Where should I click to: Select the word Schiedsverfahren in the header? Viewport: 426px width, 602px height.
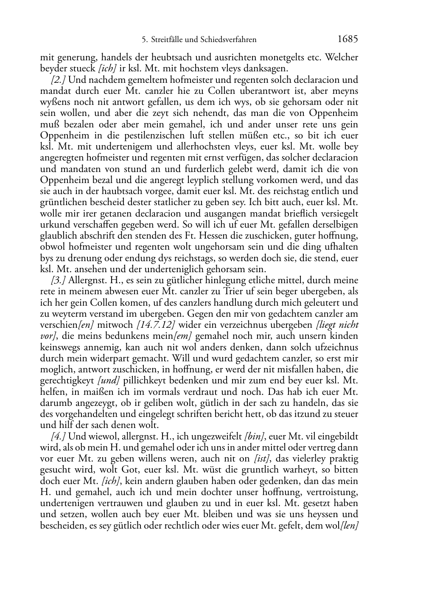pyautogui.click(x=230, y=40)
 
